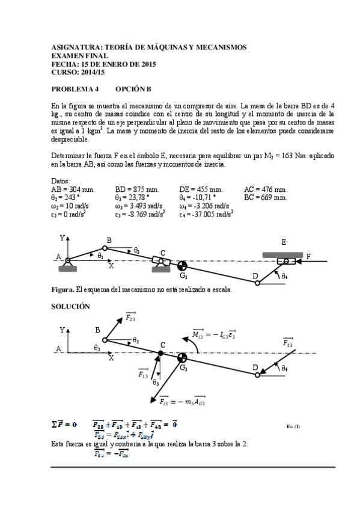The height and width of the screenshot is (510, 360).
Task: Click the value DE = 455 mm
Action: click(201, 189)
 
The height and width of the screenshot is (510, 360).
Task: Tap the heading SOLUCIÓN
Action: click(71, 306)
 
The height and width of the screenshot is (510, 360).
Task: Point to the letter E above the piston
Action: click(284, 242)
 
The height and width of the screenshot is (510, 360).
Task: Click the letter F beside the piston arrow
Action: click(309, 257)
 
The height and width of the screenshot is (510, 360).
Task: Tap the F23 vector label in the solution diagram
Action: click(130, 318)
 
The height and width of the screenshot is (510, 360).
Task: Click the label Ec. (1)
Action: click(293, 427)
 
